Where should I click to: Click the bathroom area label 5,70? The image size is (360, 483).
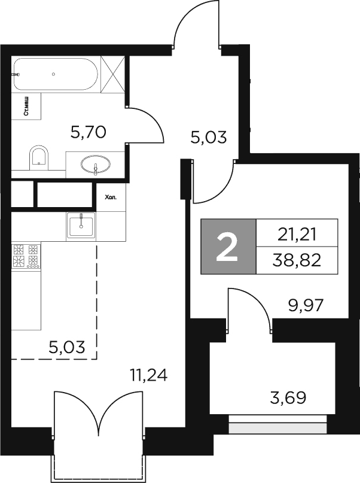tap(88, 132)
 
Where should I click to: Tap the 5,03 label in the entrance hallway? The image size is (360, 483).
tap(208, 138)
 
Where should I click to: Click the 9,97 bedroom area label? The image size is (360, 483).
tap(305, 306)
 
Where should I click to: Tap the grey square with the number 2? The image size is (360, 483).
tap(228, 247)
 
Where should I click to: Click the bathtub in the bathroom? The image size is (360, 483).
tap(55, 74)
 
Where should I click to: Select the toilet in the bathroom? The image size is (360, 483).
tap(39, 156)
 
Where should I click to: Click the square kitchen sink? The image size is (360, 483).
tap(81, 226)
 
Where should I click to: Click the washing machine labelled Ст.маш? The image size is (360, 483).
tap(27, 107)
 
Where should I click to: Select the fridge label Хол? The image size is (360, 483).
tap(111, 196)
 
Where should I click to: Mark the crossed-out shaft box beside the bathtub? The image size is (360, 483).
tap(112, 74)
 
